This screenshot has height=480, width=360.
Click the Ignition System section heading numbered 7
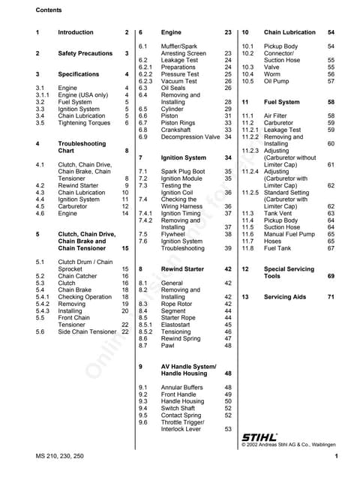tap(183, 158)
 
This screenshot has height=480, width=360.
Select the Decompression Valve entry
tap(190, 136)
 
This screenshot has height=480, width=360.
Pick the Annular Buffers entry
tap(182, 387)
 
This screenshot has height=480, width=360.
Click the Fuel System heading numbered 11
tap(282, 102)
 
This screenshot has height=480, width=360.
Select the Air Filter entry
tap(277, 115)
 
